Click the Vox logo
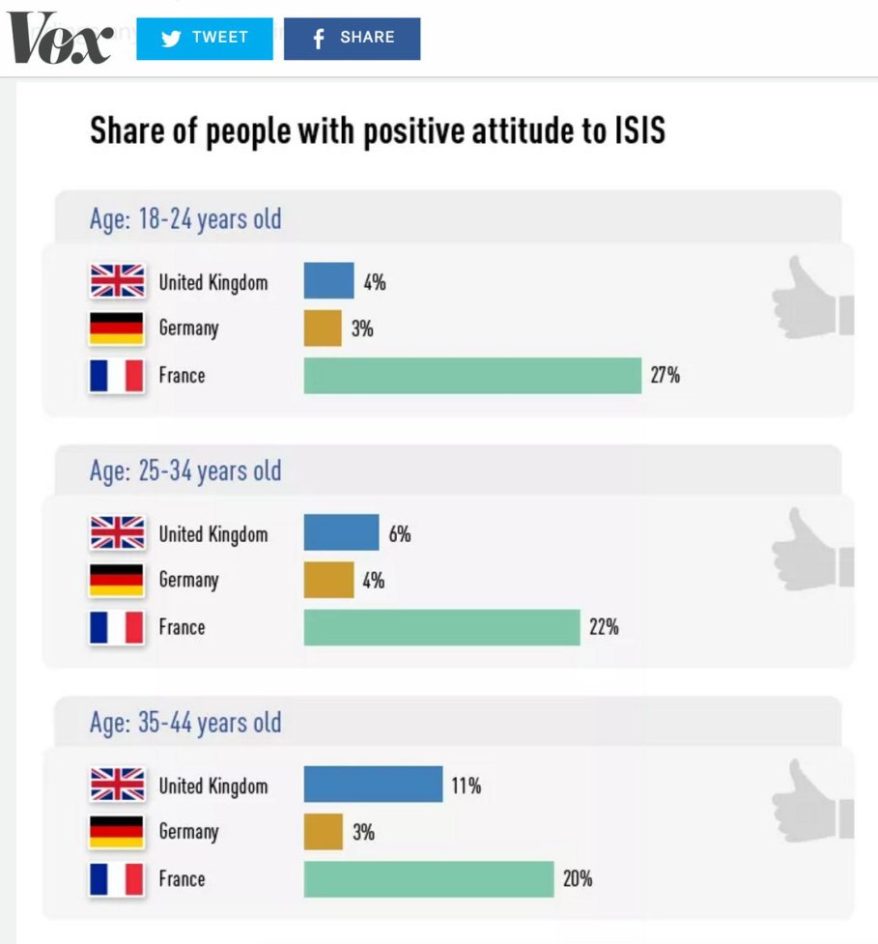click(60, 39)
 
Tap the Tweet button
click(205, 39)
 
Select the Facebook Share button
click(352, 39)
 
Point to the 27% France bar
click(472, 375)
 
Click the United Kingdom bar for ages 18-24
click(328, 281)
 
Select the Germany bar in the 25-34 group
click(328, 580)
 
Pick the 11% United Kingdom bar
click(373, 785)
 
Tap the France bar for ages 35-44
click(429, 878)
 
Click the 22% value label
click(604, 627)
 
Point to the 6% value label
click(400, 533)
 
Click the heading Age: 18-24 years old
click(185, 219)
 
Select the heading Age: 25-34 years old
click(185, 472)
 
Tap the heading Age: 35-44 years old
click(185, 723)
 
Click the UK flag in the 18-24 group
click(117, 281)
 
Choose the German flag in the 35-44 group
click(117, 832)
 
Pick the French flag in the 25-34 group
click(117, 627)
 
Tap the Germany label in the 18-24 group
click(189, 329)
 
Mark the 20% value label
click(578, 878)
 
